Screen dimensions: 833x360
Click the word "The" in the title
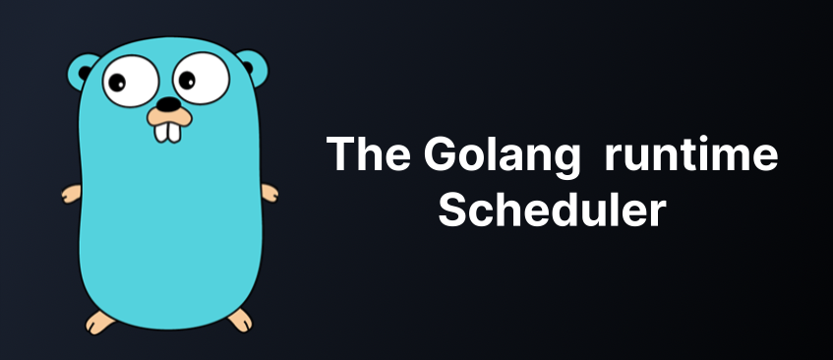pyautogui.click(x=368, y=153)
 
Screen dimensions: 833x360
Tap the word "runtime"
pyautogui.click(x=691, y=154)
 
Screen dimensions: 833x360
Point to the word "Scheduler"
pyautogui.click(x=552, y=210)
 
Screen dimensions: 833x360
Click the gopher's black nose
pyautogui.click(x=169, y=104)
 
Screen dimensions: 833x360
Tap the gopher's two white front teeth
pyautogui.click(x=167, y=133)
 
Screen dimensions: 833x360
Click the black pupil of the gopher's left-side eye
pyautogui.click(x=117, y=83)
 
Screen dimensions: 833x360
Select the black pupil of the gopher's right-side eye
pyautogui.click(x=187, y=81)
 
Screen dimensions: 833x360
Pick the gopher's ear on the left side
pyautogui.click(x=82, y=71)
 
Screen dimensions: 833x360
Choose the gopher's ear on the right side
pyautogui.click(x=253, y=66)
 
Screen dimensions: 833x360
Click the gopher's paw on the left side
pyautogui.click(x=71, y=194)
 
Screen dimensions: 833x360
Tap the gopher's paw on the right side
pyautogui.click(x=269, y=193)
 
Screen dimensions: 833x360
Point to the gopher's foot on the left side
pyautogui.click(x=100, y=322)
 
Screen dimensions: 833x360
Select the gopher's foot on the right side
pyautogui.click(x=240, y=321)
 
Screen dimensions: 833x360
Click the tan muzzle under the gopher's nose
pyautogui.click(x=169, y=117)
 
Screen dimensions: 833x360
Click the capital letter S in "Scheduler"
pyautogui.click(x=453, y=210)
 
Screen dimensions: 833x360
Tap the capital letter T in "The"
pyautogui.click(x=340, y=153)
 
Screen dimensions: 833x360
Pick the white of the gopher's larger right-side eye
pyautogui.click(x=202, y=78)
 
